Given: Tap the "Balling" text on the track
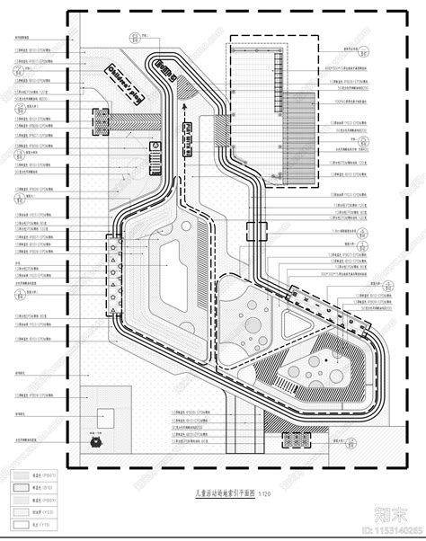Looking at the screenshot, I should [164, 66].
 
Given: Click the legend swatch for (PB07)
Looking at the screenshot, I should [22, 477].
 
